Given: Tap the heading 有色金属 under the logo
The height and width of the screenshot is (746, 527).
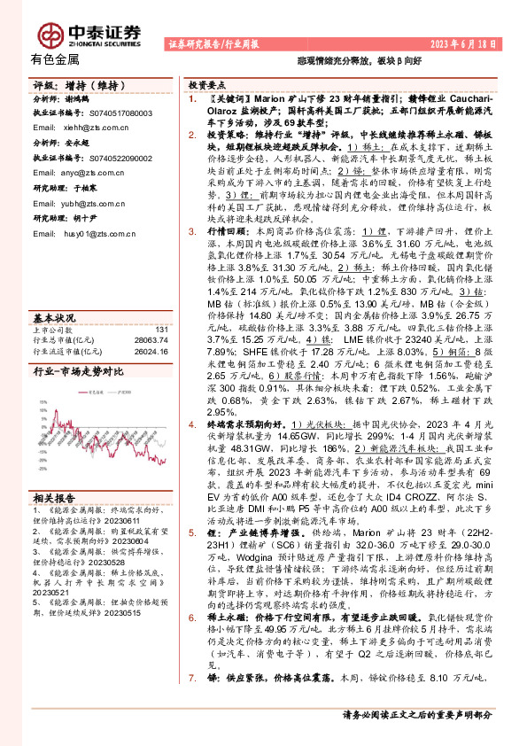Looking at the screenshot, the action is tap(54, 60).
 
